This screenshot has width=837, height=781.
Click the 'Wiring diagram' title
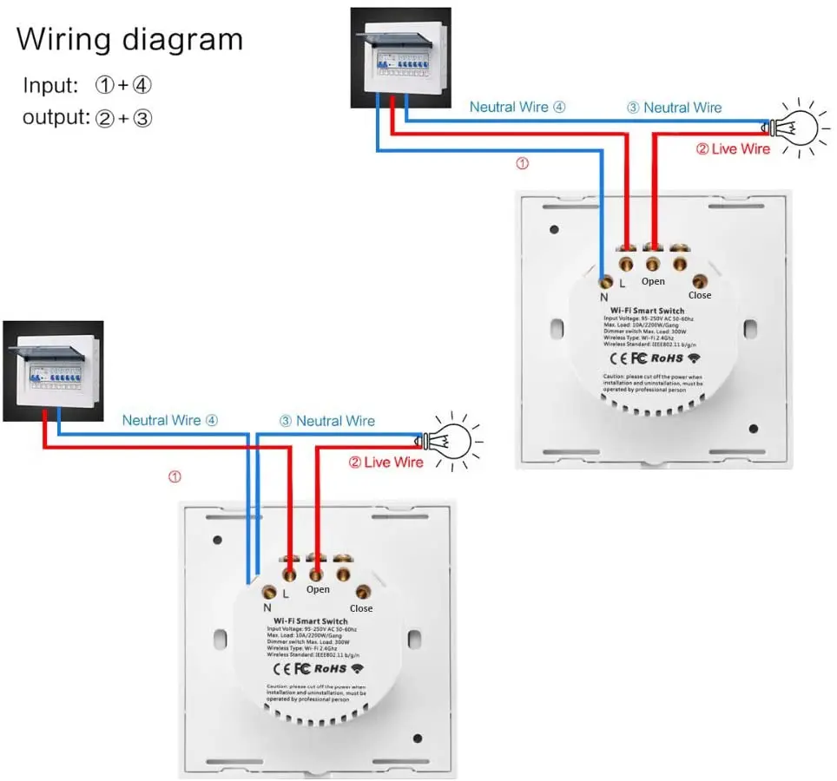tap(129, 39)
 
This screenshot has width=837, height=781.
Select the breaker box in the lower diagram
tap(53, 371)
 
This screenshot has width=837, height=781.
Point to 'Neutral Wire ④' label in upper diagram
tap(517, 107)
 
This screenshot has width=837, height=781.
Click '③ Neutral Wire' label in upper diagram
tap(674, 108)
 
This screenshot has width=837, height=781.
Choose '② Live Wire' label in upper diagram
tap(733, 148)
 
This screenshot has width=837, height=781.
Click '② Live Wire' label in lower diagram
tap(386, 463)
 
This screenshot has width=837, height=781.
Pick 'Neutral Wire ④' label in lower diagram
tap(170, 420)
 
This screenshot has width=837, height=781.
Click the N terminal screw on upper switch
tap(605, 279)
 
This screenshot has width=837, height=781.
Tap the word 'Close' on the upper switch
tap(699, 295)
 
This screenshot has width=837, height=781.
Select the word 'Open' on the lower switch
tap(318, 589)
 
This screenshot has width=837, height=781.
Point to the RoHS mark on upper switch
tap(668, 357)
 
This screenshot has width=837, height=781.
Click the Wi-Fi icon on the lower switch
tap(358, 668)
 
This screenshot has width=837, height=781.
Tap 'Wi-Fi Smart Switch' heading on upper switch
tap(647, 310)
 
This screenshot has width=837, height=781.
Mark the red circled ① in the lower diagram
tap(175, 476)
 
